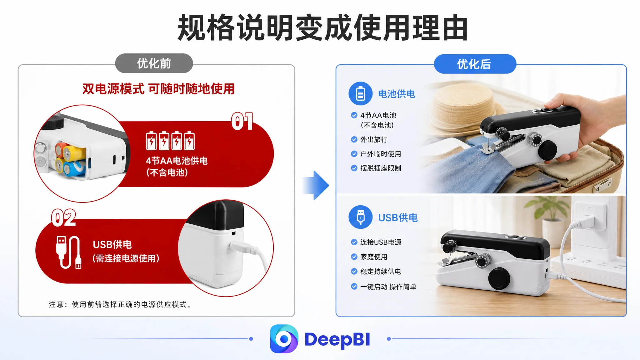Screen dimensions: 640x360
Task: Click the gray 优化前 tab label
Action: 154,63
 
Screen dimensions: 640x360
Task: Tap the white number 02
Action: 64,218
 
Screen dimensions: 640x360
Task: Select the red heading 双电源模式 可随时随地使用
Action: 158,89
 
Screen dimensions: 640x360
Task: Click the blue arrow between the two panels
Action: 316,185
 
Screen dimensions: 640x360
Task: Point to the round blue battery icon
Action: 360,93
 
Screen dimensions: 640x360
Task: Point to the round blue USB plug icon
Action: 360,217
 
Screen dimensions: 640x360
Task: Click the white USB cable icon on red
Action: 69,252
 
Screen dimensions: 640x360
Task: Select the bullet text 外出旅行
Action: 374,139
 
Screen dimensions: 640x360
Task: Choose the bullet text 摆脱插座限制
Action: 381,168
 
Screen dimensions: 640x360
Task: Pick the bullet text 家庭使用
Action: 374,257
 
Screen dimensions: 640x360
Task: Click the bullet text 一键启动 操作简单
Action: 388,287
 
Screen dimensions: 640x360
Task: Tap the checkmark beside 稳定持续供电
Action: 354,271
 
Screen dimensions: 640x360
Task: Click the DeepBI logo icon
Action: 284,339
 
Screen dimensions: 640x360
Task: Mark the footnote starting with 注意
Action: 120,304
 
